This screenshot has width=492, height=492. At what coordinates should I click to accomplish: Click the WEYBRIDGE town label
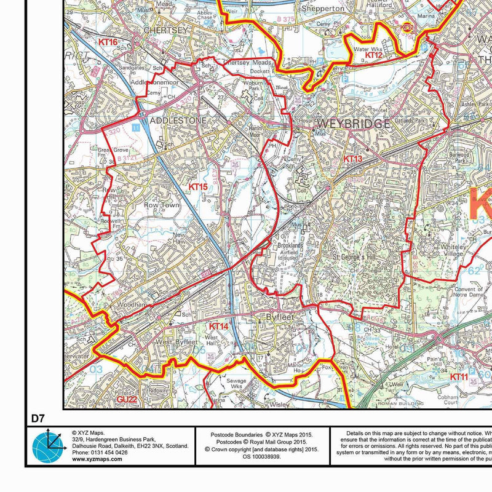pyautogui.click(x=353, y=124)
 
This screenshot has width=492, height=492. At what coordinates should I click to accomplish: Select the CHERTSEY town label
pyautogui.click(x=164, y=29)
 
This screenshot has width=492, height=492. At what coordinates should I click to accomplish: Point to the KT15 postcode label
pyautogui.click(x=198, y=186)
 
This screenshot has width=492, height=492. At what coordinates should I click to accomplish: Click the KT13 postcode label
pyautogui.click(x=353, y=159)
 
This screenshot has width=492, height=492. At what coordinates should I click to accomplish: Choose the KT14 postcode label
pyautogui.click(x=219, y=326)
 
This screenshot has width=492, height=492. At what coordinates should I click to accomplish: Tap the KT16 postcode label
pyautogui.click(x=108, y=42)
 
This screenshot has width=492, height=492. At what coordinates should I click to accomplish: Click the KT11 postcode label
pyautogui.click(x=459, y=376)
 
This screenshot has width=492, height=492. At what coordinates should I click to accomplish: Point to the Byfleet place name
pyautogui.click(x=282, y=317)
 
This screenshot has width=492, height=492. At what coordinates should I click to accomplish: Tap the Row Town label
pyautogui.click(x=161, y=205)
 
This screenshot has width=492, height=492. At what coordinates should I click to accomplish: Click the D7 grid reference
pyautogui.click(x=38, y=419)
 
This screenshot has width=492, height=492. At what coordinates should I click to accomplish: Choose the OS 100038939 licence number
pyautogui.click(x=261, y=457)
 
